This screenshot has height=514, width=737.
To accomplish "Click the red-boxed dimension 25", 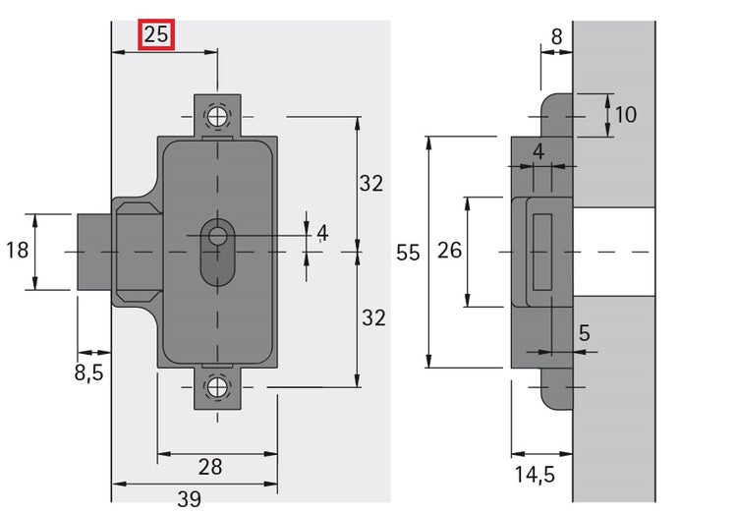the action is pos(156,34).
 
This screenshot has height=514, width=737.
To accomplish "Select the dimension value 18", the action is pos(18,250).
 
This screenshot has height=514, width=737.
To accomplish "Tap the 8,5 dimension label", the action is pos(88,372).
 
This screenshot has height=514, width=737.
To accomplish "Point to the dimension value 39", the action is pos(189,499).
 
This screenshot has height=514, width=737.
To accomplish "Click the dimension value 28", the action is pos(210,467).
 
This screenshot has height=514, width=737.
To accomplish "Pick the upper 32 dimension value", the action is pos(371,183).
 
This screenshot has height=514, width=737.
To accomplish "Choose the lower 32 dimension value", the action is pos(373,317).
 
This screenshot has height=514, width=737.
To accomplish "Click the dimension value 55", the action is pos(408,253).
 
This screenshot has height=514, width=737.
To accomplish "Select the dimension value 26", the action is pos(449,251).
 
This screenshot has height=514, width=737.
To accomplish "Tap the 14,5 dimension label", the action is pos(535,475).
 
